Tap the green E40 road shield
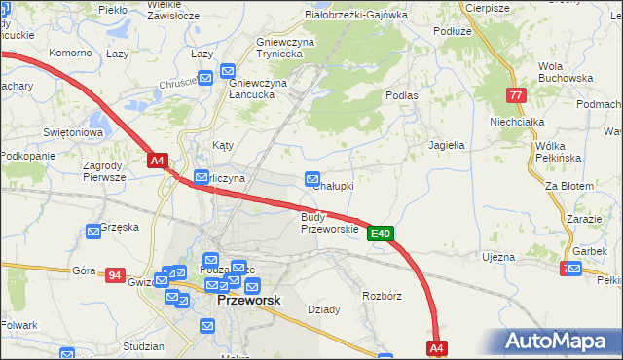point(381,234)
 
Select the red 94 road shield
point(115,276)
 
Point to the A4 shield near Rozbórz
point(436,347)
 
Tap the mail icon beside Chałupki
point(312,179)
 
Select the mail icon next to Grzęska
point(93,232)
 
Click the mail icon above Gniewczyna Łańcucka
point(228,70)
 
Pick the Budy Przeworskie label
point(329,223)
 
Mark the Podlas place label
point(401,95)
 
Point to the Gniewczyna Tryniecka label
point(289,49)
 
